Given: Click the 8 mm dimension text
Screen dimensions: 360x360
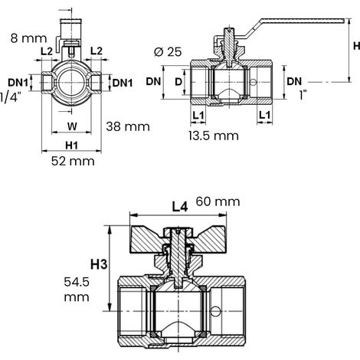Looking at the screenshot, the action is [x=29, y=38].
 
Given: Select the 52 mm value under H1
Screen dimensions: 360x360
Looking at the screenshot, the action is [x=73, y=162].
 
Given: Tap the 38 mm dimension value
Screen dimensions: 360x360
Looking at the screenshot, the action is [x=128, y=126].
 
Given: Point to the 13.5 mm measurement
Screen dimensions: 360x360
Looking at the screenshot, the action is [x=214, y=136].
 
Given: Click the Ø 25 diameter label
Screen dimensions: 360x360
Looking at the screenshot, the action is [x=168, y=52].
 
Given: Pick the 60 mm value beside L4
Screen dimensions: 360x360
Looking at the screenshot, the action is [x=218, y=201].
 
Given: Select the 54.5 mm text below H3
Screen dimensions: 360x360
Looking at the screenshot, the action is [x=77, y=290].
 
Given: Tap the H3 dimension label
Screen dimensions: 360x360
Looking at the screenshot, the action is [x=99, y=264].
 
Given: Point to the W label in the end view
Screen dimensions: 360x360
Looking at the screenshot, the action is [x=72, y=126].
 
